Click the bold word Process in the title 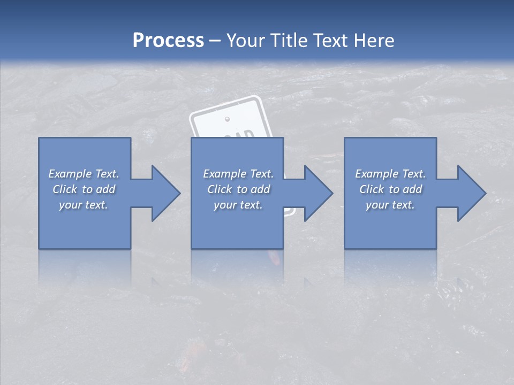click(x=168, y=41)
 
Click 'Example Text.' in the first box click(x=84, y=174)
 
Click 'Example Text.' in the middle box click(x=238, y=174)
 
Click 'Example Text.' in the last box click(x=390, y=174)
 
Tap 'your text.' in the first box click(x=84, y=205)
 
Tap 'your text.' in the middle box click(x=238, y=205)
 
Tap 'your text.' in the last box click(x=390, y=205)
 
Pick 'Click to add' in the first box click(x=84, y=189)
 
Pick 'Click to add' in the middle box click(x=238, y=189)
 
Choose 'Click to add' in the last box click(x=390, y=189)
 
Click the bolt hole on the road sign click(x=227, y=118)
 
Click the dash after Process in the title click(x=215, y=41)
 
